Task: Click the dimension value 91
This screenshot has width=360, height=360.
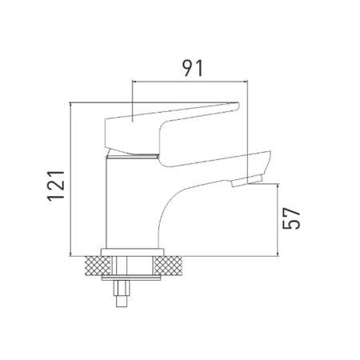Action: [193, 68]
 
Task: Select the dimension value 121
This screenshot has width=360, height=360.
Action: [56, 186]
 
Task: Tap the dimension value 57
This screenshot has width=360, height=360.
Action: [291, 218]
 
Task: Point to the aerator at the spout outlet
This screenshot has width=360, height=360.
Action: [247, 181]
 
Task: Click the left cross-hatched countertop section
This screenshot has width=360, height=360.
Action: [98, 266]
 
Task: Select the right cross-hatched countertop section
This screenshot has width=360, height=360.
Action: [168, 266]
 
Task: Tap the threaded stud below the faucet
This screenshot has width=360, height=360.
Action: [122, 294]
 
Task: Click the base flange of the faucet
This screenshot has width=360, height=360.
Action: [132, 253]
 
